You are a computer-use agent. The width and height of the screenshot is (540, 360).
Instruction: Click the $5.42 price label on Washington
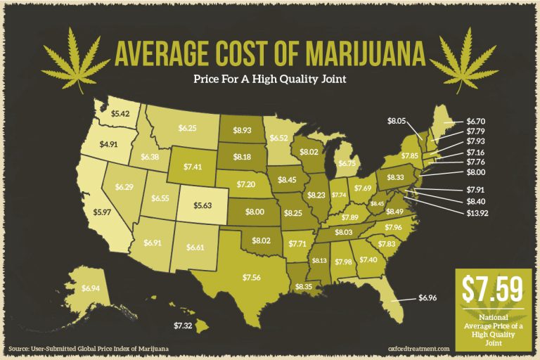[120, 112]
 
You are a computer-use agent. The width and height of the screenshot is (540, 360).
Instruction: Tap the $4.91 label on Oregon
[108, 144]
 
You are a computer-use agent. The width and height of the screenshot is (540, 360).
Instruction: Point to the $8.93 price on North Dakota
[243, 130]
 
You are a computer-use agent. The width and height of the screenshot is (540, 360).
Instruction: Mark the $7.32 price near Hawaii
[182, 326]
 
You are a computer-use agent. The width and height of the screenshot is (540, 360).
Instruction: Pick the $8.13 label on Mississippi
[319, 261]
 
